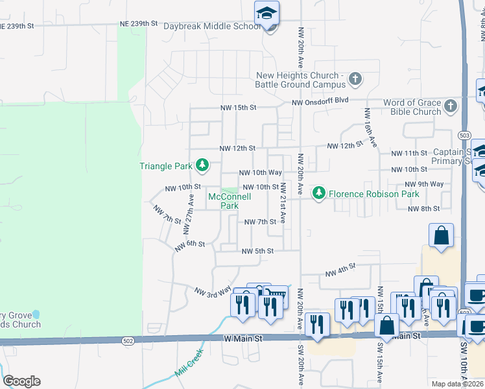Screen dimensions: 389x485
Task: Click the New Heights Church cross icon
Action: tap(355, 79)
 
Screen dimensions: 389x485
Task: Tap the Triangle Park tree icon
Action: tap(202, 165)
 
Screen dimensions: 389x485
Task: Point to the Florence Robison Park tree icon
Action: tap(318, 193)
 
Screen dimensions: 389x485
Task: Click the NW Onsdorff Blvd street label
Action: tap(320, 102)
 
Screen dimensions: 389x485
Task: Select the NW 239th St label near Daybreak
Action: tap(139, 23)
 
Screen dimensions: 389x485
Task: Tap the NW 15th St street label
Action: tap(239, 107)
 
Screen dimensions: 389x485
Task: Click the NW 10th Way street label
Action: tap(260, 172)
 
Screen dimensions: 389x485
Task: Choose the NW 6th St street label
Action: tap(189, 245)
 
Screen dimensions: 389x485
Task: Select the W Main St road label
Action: tap(243, 338)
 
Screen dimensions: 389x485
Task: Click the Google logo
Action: tap(21, 381)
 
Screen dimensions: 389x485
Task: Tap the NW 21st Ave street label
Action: tap(283, 202)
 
